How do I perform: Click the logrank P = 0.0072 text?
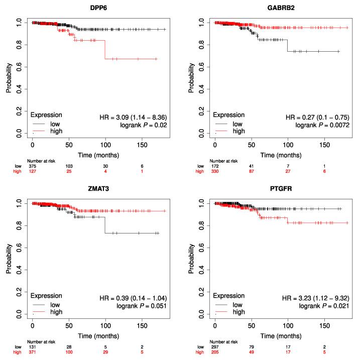click(322, 125)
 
